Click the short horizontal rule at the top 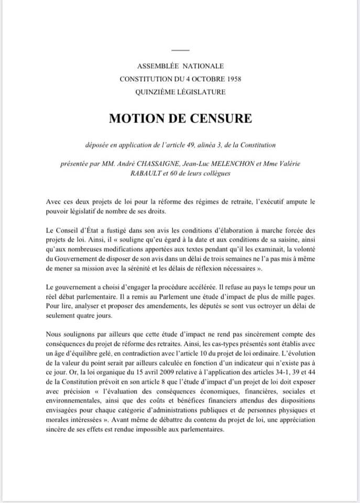tap(180, 50)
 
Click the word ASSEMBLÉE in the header tap(158, 66)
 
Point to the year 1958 tap(231, 79)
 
